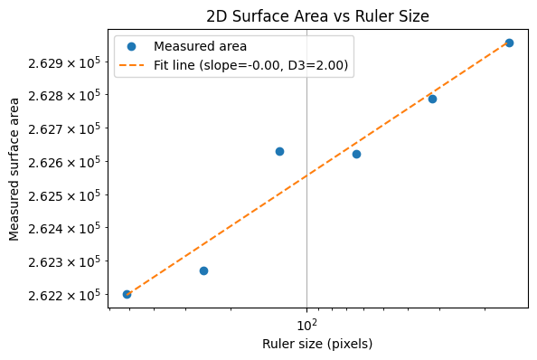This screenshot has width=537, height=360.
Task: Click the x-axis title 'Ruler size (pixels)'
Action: (x=316, y=344)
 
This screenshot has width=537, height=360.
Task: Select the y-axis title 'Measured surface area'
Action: (x=14, y=169)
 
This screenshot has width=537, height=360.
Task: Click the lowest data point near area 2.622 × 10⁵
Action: (x=127, y=294)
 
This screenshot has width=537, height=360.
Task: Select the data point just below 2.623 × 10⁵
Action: (x=203, y=270)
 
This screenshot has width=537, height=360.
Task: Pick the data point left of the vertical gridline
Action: (x=279, y=151)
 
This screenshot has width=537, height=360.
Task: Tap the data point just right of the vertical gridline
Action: (x=356, y=154)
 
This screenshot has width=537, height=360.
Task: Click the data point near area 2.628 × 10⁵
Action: (x=432, y=99)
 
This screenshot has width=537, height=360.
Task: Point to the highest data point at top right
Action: (x=509, y=43)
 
